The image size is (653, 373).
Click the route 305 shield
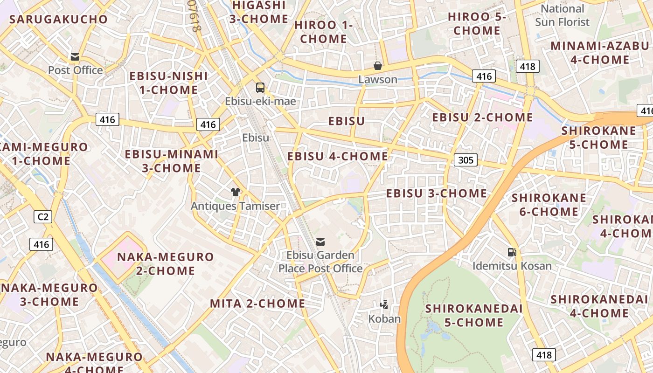click(465, 160)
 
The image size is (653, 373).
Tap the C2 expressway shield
click(43, 216)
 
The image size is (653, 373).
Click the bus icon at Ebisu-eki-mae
click(260, 87)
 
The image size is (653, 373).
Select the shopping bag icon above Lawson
click(378, 66)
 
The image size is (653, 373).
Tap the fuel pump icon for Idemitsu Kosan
click(512, 252)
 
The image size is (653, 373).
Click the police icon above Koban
click(384, 305)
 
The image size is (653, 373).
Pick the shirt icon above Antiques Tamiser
click(236, 192)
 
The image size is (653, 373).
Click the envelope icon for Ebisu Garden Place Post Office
click(320, 242)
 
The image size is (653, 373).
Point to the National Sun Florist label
click(562, 15)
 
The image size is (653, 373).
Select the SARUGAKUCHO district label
click(59, 20)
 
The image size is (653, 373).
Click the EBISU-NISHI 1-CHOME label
click(168, 83)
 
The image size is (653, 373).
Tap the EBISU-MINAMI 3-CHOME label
click(172, 161)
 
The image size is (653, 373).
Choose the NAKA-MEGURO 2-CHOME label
click(165, 263)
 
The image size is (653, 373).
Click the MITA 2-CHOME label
click(257, 304)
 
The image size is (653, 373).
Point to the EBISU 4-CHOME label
click(338, 156)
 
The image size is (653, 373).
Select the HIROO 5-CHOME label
click(477, 24)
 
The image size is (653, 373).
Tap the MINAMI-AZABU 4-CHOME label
click(600, 53)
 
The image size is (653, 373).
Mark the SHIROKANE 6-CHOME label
click(549, 205)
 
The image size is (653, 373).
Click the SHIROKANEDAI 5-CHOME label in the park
click(473, 315)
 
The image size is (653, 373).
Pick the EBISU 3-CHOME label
click(437, 193)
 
